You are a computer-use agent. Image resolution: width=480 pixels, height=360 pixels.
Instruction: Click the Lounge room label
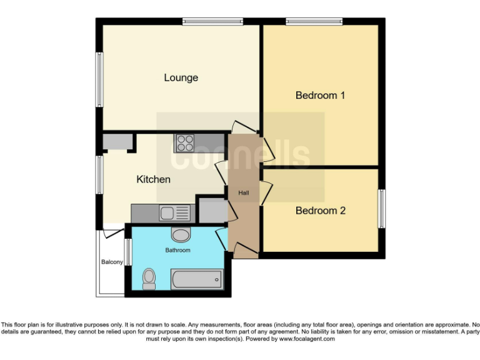pyautogui.click(x=181, y=77)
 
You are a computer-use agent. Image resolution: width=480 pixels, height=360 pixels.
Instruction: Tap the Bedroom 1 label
pyautogui.click(x=320, y=96)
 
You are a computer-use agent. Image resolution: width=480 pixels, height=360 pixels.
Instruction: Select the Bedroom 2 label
pyautogui.click(x=320, y=211)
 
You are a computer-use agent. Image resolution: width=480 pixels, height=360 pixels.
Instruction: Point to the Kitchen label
pyautogui.click(x=153, y=179)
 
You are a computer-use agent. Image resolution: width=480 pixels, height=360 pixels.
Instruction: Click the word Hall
pyautogui.click(x=244, y=193)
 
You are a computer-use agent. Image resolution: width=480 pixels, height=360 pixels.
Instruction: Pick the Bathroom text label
pyautogui.click(x=177, y=250)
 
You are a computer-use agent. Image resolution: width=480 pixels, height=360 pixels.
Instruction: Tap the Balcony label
pyautogui.click(x=112, y=262)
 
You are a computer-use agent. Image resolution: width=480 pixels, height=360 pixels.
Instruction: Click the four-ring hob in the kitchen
pyautogui.click(x=184, y=144)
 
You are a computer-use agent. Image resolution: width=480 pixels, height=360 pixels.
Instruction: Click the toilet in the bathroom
pyautogui.click(x=149, y=278)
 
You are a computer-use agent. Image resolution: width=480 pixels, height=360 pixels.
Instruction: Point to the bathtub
pyautogui.click(x=197, y=279)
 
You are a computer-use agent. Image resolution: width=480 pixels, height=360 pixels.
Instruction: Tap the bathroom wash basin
pyautogui.click(x=181, y=236)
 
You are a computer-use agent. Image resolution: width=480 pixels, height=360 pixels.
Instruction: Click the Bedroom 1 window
pyautogui.click(x=314, y=22)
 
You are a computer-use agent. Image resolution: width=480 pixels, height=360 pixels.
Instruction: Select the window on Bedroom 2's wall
pyautogui.click(x=381, y=208)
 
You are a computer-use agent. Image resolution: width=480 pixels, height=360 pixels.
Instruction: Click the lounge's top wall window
pyautogui.click(x=212, y=22)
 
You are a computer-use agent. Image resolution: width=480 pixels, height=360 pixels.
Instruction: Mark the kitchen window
pyautogui.click(x=99, y=174)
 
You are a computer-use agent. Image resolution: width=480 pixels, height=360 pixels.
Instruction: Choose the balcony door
pyautogui.click(x=113, y=233)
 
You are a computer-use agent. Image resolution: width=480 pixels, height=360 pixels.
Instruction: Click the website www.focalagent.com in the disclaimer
pyautogui.click(x=307, y=339)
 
